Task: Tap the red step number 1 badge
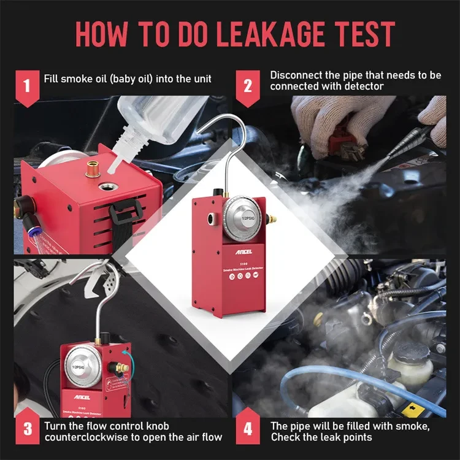25,86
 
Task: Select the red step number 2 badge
248,86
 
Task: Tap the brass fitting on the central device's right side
271,218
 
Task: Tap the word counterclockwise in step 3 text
88,437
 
